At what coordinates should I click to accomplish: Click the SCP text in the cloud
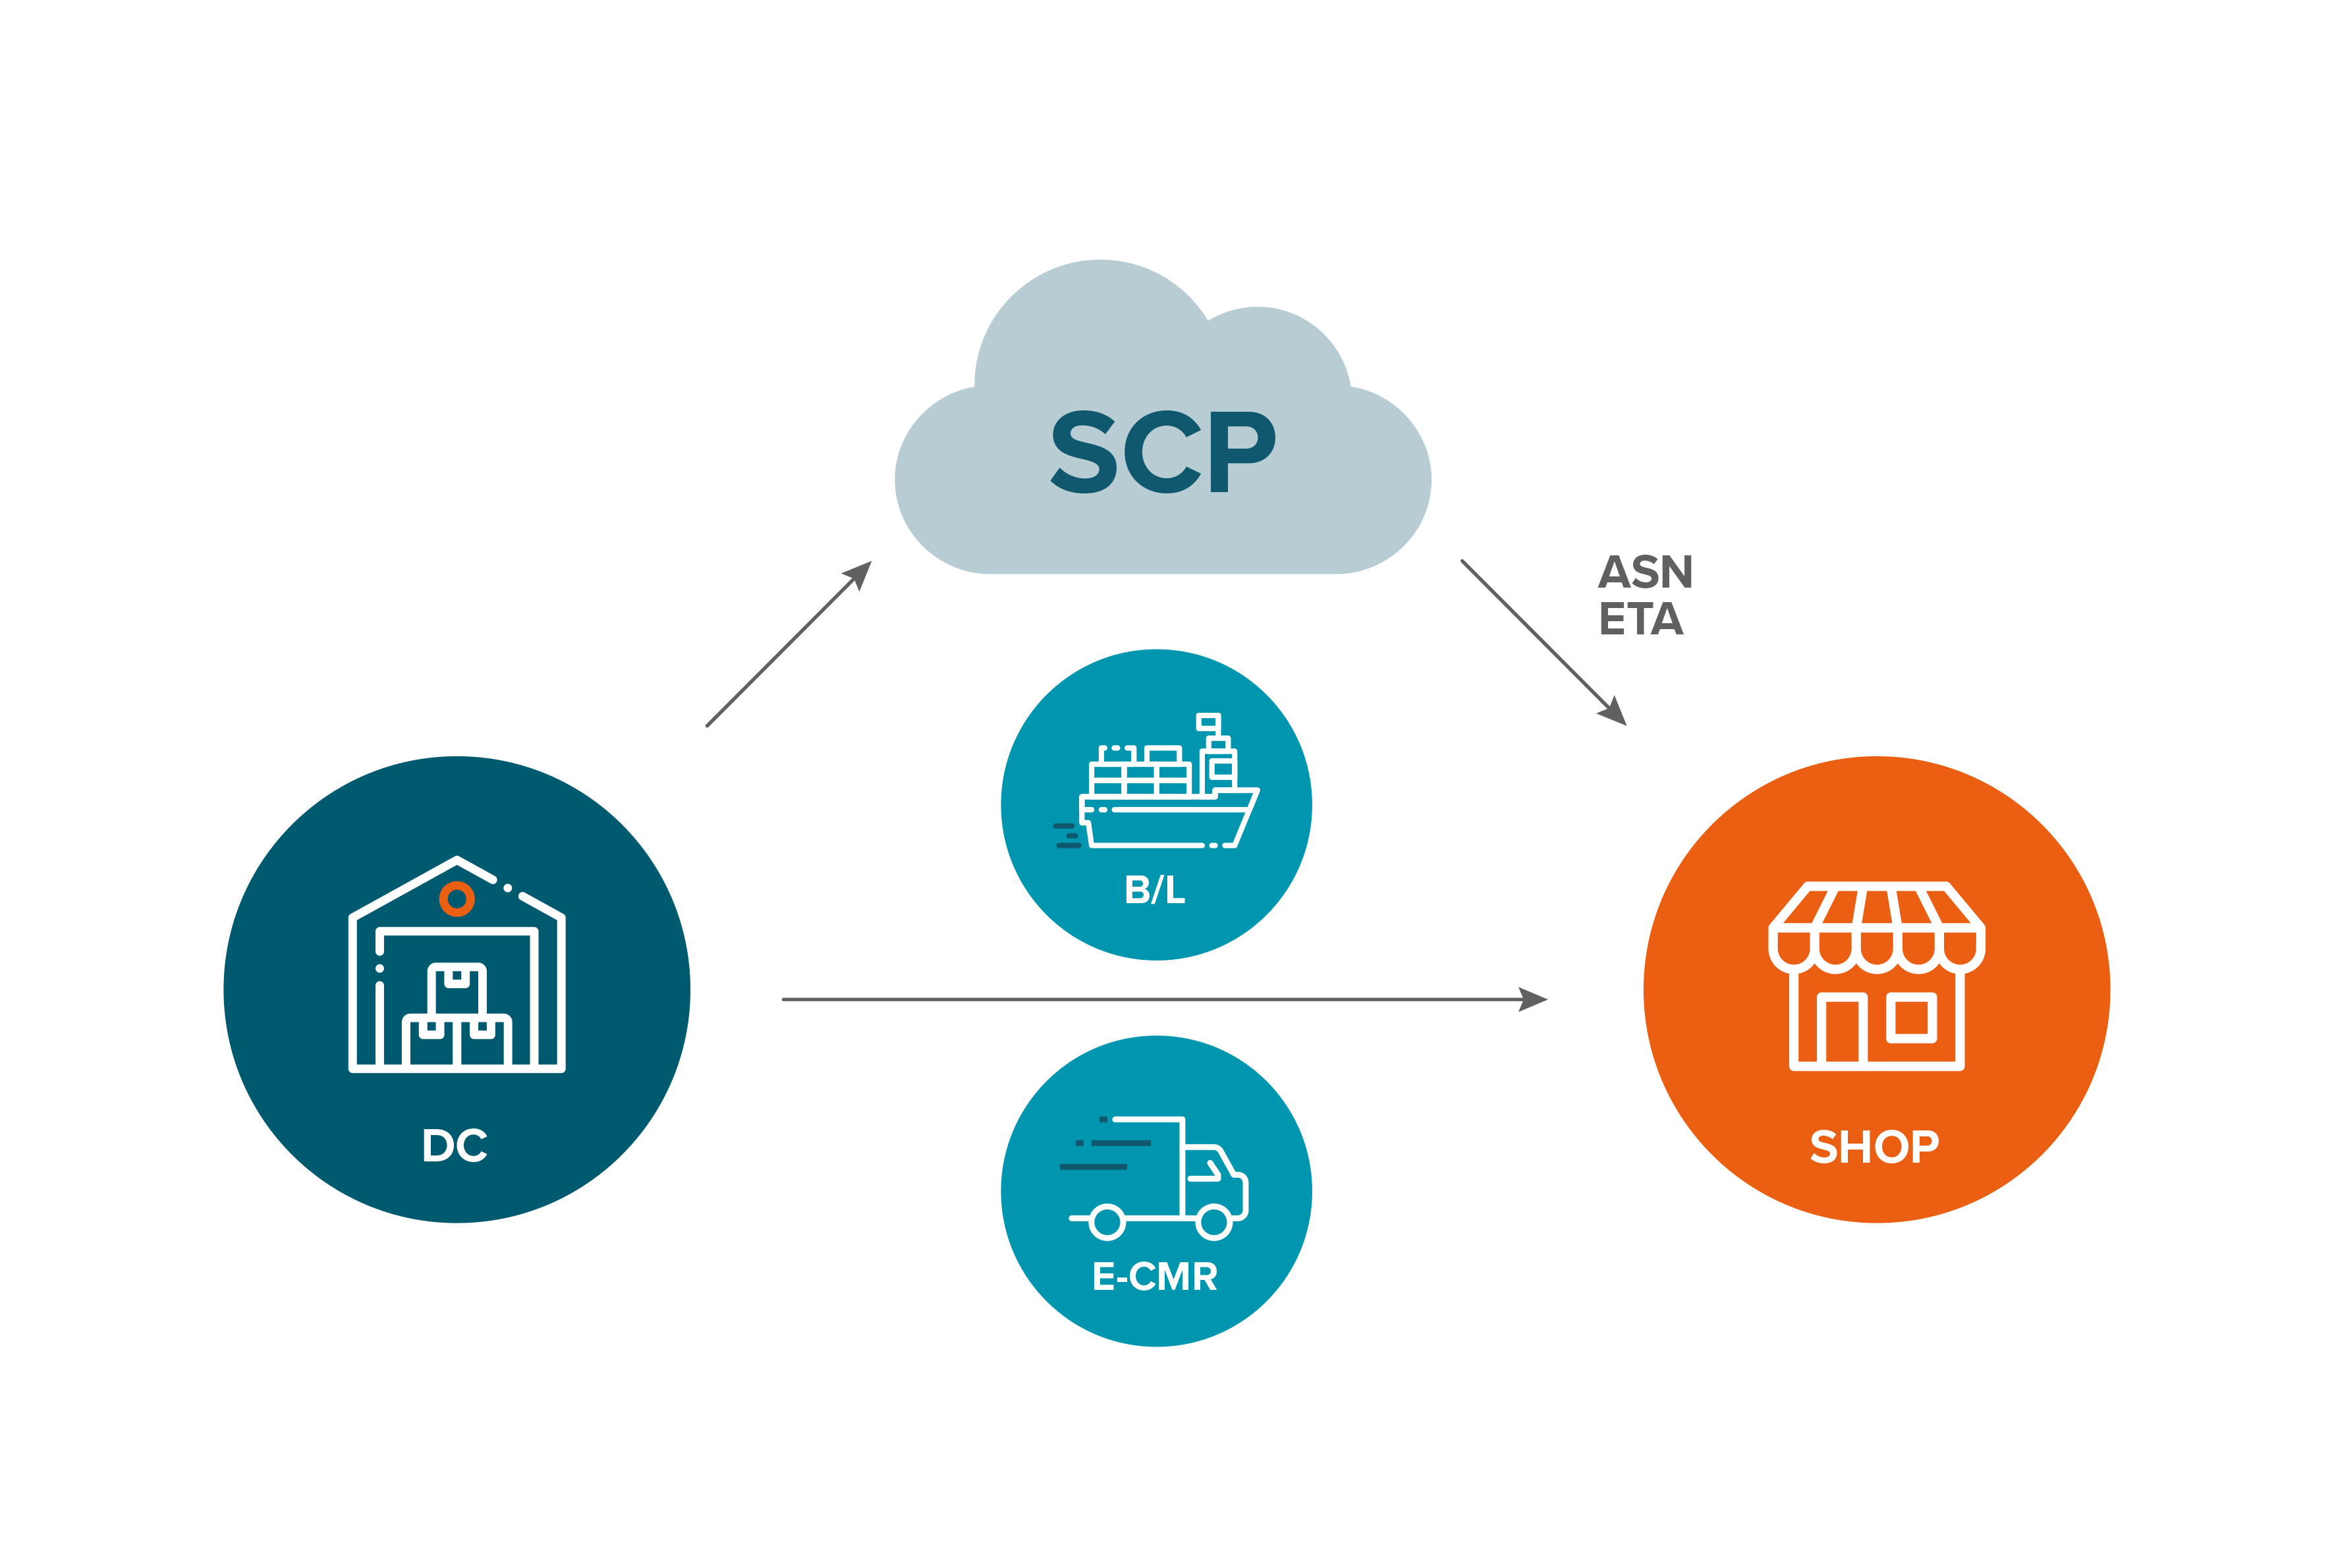click(x=1163, y=451)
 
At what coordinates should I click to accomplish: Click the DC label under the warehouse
click(x=455, y=1145)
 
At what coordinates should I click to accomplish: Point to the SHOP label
click(x=1874, y=1146)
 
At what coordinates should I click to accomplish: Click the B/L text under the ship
click(x=1155, y=889)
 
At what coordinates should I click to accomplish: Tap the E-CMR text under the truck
click(x=1154, y=1276)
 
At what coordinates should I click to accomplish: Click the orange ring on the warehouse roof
click(x=457, y=899)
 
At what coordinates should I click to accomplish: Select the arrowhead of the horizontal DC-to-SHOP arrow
click(x=1533, y=999)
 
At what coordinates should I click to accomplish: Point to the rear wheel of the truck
click(x=1107, y=1221)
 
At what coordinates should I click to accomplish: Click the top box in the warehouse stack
click(x=457, y=987)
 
